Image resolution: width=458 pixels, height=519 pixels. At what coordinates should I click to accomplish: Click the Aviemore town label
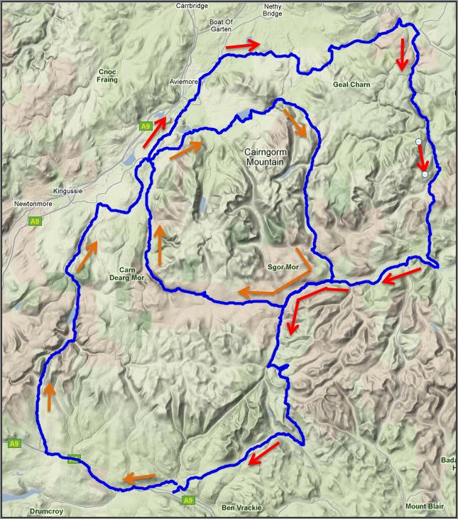click(x=183, y=82)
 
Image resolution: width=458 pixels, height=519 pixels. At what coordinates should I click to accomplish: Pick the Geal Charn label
click(x=351, y=84)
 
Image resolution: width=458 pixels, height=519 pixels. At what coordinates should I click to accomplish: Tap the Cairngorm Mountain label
click(x=264, y=157)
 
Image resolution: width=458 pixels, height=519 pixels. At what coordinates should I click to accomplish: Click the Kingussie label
click(x=69, y=192)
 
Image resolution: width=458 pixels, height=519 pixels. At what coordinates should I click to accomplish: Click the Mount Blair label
click(x=425, y=506)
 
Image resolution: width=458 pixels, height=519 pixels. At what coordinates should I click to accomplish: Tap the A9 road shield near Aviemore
click(x=146, y=126)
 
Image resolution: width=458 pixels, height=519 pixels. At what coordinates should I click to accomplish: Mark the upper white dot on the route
click(x=419, y=142)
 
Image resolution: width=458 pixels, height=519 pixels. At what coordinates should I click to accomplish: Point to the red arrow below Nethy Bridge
click(x=402, y=54)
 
